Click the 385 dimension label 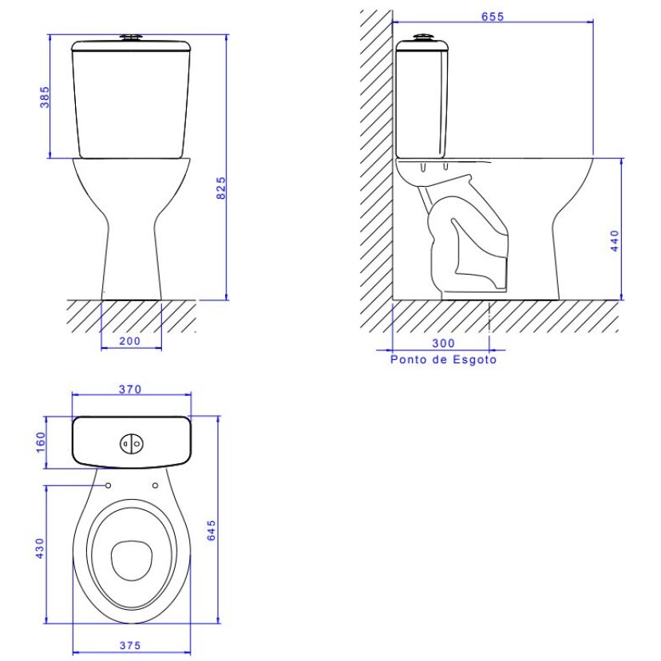pyautogui.click(x=45, y=96)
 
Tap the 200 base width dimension pyautogui.click(x=131, y=341)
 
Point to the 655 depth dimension pyautogui.click(x=493, y=17)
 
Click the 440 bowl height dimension pyautogui.click(x=614, y=239)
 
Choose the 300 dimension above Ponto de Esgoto pyautogui.click(x=442, y=343)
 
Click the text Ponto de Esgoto pyautogui.click(x=443, y=360)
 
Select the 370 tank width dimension pyautogui.click(x=130, y=390)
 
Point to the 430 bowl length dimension pyautogui.click(x=40, y=548)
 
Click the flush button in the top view pyautogui.click(x=130, y=443)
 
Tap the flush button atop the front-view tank pyautogui.click(x=131, y=37)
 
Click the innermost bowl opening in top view pyautogui.click(x=131, y=558)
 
